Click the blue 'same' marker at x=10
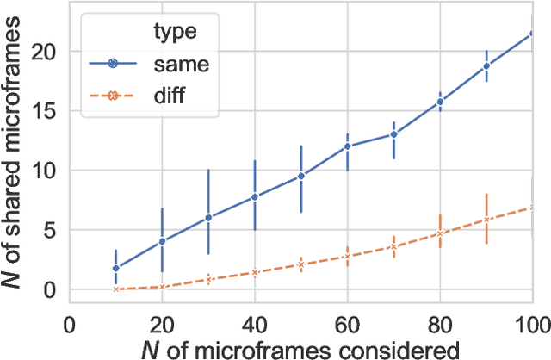[115, 268]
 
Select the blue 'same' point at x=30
[208, 218]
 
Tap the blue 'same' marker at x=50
[300, 176]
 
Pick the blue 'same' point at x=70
[393, 134]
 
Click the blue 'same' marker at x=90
[486, 66]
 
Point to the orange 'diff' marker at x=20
[162, 287]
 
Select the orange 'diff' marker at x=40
[255, 272]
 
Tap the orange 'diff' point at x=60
[347, 257]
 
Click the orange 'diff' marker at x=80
[440, 233]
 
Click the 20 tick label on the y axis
[42, 52]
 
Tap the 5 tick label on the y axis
[48, 230]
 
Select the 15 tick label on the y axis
[42, 111]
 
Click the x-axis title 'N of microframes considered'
[300, 348]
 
